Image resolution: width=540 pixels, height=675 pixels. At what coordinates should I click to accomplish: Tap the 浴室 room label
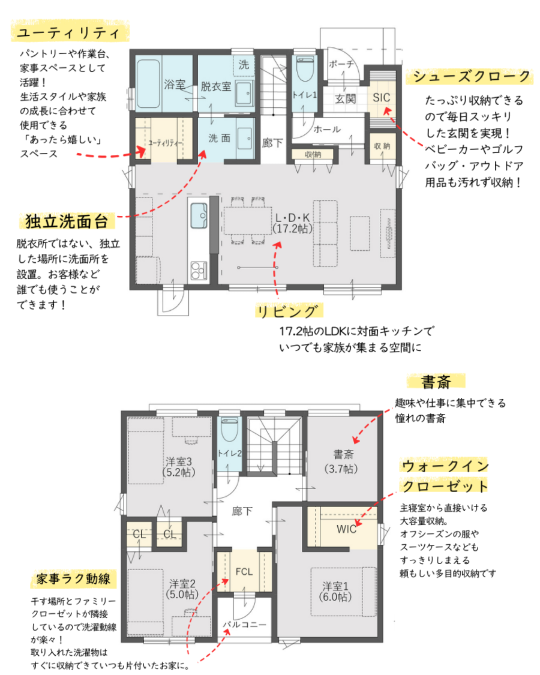(x=175, y=85)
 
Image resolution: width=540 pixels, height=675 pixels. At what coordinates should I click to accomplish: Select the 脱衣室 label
(x=216, y=86)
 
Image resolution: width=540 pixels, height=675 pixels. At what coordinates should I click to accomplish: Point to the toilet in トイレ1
(x=305, y=69)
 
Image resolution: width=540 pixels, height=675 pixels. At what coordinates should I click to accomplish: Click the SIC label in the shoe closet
(x=381, y=98)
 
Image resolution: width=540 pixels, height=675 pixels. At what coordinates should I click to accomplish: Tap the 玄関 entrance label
(x=346, y=99)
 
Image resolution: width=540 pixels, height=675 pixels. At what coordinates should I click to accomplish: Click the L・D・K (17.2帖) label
(x=292, y=223)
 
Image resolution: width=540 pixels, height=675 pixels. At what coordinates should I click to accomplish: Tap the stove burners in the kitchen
(x=199, y=271)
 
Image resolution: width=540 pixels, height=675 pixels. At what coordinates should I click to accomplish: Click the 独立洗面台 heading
(x=67, y=221)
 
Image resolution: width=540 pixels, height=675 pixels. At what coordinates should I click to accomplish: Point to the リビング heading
(x=288, y=311)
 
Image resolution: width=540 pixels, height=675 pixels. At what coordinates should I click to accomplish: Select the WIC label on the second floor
(x=346, y=529)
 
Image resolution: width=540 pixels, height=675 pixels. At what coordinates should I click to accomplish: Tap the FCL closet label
(x=244, y=572)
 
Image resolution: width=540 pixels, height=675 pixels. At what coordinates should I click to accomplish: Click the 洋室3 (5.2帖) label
(x=179, y=467)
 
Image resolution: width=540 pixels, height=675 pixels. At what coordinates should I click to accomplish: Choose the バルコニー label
(x=244, y=624)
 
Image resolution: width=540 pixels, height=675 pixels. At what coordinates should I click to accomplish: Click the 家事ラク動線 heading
(x=73, y=578)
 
